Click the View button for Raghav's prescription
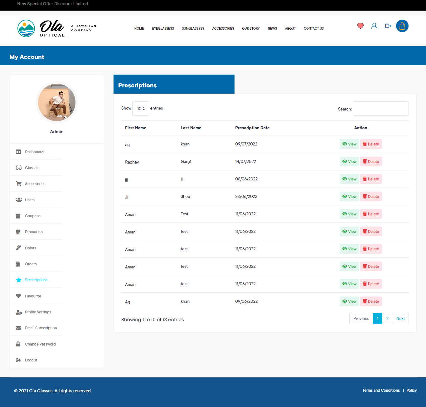(x=349, y=161)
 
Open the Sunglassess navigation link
(x=193, y=28)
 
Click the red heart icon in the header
(x=360, y=26)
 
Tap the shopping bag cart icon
(x=402, y=26)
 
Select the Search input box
(x=381, y=109)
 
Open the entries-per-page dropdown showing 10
(x=141, y=109)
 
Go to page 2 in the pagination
(x=387, y=318)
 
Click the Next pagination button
(x=400, y=318)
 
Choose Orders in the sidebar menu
(x=31, y=264)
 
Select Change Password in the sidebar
(x=40, y=344)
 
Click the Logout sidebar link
(x=31, y=360)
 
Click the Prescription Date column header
(x=252, y=128)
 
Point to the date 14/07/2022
(x=245, y=161)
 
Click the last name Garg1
(x=186, y=161)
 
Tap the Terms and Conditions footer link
(x=381, y=390)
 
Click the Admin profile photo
(x=57, y=102)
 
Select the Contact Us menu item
(x=313, y=28)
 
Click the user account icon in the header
(x=374, y=26)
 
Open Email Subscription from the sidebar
(x=41, y=328)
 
